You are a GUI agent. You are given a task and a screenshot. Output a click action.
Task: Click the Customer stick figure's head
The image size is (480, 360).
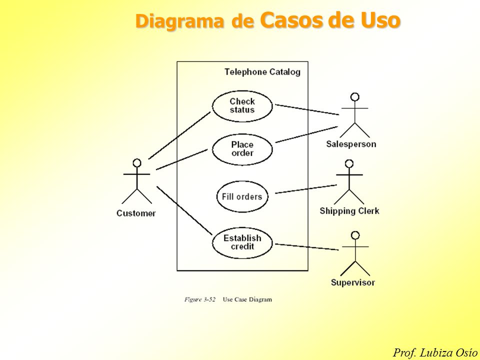coord(137,163)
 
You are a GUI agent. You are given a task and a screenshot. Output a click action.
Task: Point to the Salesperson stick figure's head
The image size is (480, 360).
coord(355,97)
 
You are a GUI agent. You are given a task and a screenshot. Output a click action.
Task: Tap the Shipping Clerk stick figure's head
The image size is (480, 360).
coord(349,164)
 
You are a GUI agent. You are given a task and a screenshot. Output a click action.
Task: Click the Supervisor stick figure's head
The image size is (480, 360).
coord(355,235)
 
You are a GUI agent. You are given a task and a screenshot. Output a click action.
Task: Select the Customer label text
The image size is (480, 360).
coord(136,213)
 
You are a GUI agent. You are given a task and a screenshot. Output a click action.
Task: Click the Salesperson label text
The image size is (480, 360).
coord(351,144)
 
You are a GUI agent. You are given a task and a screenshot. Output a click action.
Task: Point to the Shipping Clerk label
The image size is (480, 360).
coord(349,211)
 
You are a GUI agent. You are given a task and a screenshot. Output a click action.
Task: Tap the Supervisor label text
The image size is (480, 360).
coord(352,282)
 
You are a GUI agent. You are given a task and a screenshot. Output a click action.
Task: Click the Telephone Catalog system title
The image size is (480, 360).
coord(262,72)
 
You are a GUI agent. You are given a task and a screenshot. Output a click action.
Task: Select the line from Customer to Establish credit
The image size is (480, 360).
coord(184,210)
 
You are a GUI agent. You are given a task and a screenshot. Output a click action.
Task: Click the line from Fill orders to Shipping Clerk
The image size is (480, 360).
coord(306,189)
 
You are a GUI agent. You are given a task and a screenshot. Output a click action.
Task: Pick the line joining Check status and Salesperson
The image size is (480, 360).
coord(307,110)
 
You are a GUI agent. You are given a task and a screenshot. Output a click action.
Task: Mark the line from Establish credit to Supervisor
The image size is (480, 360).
coord(306,246)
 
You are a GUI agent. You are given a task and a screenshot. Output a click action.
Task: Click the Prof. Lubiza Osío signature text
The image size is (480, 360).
coord(435,352)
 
